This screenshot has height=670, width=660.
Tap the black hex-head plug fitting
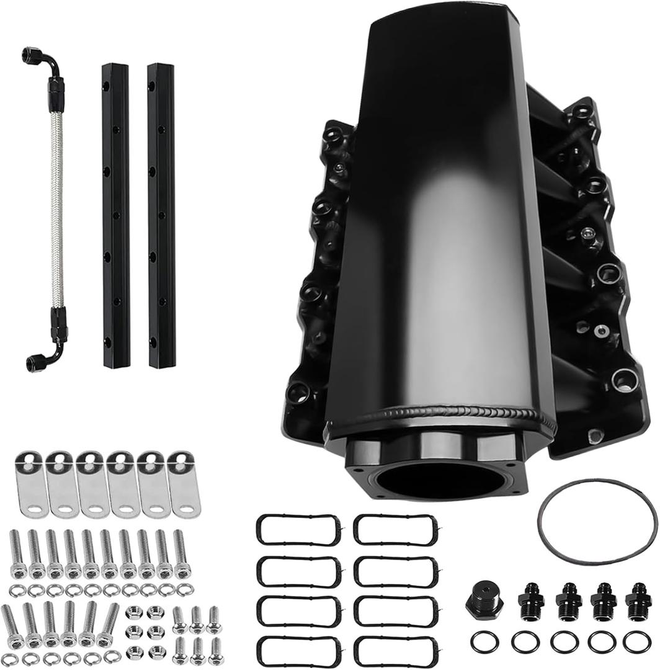click(480, 600)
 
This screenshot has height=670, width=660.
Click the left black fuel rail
click(116, 215)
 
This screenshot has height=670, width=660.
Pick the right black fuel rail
click(161, 215)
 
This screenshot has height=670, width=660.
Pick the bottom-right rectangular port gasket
click(395, 649)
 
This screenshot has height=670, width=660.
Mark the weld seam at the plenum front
click(440, 414)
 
